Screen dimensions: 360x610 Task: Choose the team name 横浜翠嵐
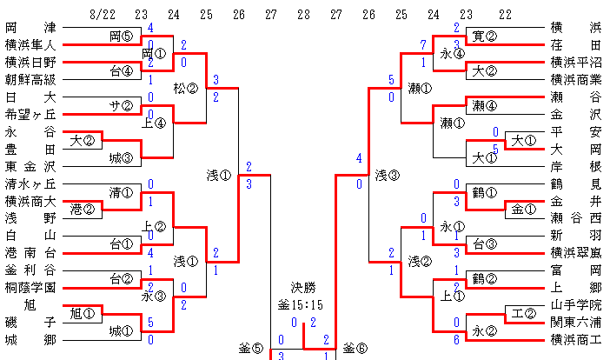point(575,252)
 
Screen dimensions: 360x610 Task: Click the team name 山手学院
point(575,304)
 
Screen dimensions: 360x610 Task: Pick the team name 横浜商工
point(575,339)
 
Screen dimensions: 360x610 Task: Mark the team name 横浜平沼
point(575,62)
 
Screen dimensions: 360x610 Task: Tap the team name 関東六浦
point(575,322)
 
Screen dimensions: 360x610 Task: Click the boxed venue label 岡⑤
point(121,37)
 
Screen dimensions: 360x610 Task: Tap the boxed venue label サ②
point(121,106)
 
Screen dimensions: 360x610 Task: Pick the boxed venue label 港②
point(83,210)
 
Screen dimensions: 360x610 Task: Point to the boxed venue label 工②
point(522,313)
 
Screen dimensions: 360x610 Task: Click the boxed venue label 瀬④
point(484,106)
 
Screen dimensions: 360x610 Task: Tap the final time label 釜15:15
point(302,306)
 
